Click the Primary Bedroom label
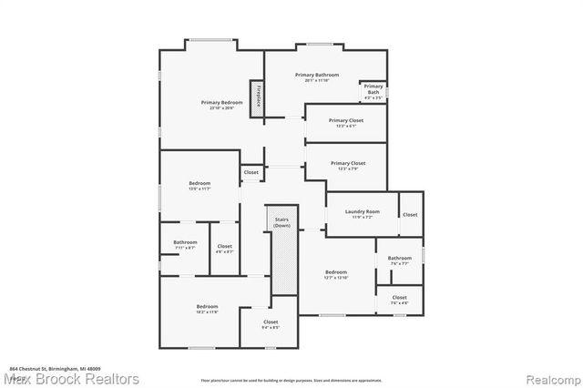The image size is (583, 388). click(218, 105)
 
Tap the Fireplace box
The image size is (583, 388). click(258, 96)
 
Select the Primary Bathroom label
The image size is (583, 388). click(316, 77)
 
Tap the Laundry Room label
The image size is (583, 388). click(362, 214)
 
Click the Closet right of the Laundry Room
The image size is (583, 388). click(410, 215)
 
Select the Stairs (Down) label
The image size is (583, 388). click(281, 222)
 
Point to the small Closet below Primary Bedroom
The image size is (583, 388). click(251, 172)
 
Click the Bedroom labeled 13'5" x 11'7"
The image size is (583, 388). click(199, 187)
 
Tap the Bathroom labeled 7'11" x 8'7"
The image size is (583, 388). click(184, 245)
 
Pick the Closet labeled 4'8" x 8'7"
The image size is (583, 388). click(224, 248)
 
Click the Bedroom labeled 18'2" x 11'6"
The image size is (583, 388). click(200, 309)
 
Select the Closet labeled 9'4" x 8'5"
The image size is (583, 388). click(271, 324)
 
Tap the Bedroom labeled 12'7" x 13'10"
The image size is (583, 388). click(336, 274)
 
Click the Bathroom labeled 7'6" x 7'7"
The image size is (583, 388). click(399, 260)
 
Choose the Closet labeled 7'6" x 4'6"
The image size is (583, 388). click(399, 300)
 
